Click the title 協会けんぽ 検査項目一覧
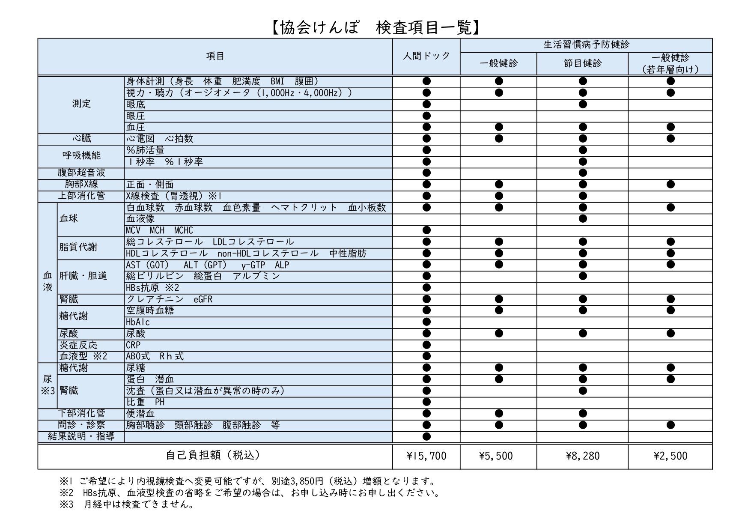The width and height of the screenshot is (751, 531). pyautogui.click(x=375, y=28)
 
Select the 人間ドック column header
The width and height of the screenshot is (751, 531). pyautogui.click(x=426, y=56)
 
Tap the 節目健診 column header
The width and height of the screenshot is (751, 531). pyautogui.click(x=582, y=63)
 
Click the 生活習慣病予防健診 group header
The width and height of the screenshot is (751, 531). pyautogui.click(x=586, y=45)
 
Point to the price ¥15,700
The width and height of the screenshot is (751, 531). pyautogui.click(x=426, y=456)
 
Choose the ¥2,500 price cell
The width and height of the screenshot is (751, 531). pyautogui.click(x=671, y=456)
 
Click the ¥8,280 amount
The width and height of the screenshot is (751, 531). pyautogui.click(x=582, y=456)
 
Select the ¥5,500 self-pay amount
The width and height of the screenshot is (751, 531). pyautogui.click(x=498, y=456)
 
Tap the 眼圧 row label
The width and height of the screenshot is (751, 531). pyautogui.click(x=136, y=116)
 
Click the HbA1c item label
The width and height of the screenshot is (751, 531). pyautogui.click(x=138, y=322)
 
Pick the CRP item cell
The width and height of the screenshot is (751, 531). pyautogui.click(x=133, y=345)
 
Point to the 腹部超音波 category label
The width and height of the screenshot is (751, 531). pyautogui.click(x=81, y=173)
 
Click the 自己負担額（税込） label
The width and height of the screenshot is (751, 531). pyautogui.click(x=213, y=455)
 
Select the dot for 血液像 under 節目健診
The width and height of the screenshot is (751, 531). pyautogui.click(x=582, y=219)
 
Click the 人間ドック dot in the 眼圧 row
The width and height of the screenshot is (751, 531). pyautogui.click(x=426, y=116)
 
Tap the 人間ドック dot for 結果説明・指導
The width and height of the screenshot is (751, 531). pyautogui.click(x=426, y=437)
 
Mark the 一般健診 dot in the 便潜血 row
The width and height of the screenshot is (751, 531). pyautogui.click(x=498, y=414)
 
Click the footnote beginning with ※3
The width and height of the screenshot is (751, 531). pyautogui.click(x=127, y=504)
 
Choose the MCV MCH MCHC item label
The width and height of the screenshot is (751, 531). pyautogui.click(x=159, y=230)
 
